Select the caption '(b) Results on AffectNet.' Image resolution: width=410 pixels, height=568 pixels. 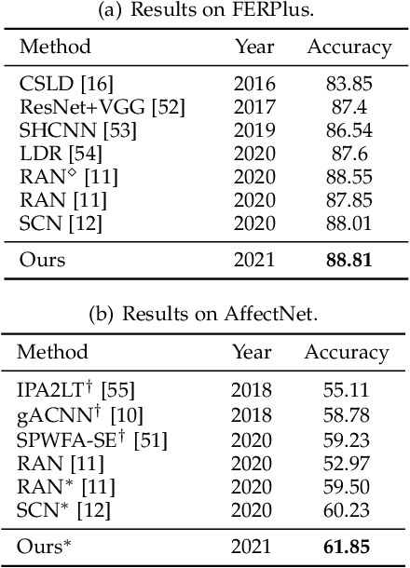[205, 314]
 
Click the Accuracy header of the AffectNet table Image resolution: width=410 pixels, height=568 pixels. [346, 353]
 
